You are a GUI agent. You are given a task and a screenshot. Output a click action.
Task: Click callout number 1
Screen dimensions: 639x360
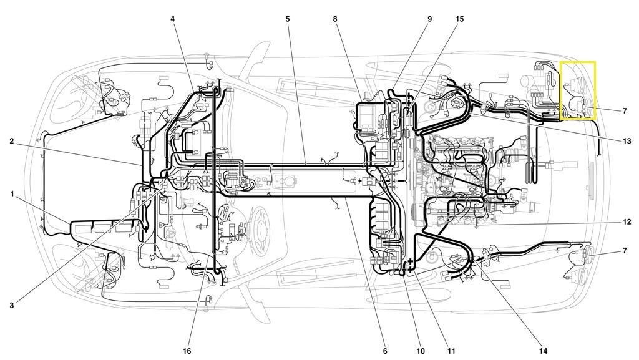coord(12,194)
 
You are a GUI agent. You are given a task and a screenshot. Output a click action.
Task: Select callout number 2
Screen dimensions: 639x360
coord(12,141)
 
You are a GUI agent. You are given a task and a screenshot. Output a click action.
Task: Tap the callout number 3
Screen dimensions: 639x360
coord(12,305)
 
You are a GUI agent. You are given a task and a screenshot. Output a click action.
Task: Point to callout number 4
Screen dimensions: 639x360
coord(173,19)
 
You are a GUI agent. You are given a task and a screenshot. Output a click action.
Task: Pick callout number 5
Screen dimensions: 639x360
coord(287,19)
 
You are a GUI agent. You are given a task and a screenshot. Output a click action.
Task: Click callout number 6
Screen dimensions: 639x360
coord(385,351)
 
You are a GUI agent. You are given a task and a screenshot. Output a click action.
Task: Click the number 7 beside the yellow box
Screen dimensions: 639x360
coord(625,111)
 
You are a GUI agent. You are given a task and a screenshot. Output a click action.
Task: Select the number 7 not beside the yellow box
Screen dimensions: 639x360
coord(625,251)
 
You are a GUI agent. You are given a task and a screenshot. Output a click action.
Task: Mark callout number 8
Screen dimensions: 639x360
coord(335,19)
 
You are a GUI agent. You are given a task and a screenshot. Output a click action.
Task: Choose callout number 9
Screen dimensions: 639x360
coord(429,19)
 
